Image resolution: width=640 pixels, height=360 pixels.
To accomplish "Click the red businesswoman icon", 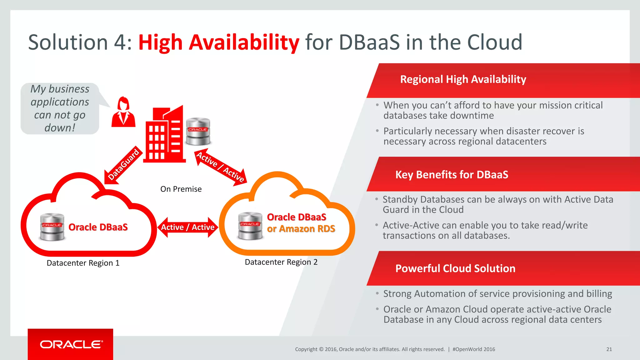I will [123, 112].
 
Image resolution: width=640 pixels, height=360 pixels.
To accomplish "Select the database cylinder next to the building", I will [198, 131].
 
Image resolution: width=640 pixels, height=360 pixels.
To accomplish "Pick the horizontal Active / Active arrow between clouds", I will [187, 227].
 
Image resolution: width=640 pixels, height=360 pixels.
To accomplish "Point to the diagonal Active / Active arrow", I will [221, 167].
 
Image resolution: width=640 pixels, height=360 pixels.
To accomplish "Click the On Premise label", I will [181, 189].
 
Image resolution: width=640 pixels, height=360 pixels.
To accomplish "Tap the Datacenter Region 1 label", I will [83, 263].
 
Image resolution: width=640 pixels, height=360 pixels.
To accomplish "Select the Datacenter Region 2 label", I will [281, 262].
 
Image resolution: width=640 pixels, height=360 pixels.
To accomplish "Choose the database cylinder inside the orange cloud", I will [250, 226].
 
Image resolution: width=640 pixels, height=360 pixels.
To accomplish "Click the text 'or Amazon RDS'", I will [301, 229].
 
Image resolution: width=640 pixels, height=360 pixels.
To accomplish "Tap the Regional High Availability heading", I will [463, 79].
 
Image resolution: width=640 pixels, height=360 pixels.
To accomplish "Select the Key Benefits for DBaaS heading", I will [452, 174].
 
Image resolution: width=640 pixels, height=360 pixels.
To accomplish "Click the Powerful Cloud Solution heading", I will [455, 268].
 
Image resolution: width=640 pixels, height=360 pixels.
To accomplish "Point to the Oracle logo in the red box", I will [71, 344].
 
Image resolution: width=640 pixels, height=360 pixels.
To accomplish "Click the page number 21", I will [609, 349].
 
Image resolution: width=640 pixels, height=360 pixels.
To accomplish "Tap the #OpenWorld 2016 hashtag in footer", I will [474, 349].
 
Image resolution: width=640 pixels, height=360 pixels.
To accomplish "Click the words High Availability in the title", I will [219, 42].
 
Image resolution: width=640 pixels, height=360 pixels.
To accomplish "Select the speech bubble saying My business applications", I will [60, 108].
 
